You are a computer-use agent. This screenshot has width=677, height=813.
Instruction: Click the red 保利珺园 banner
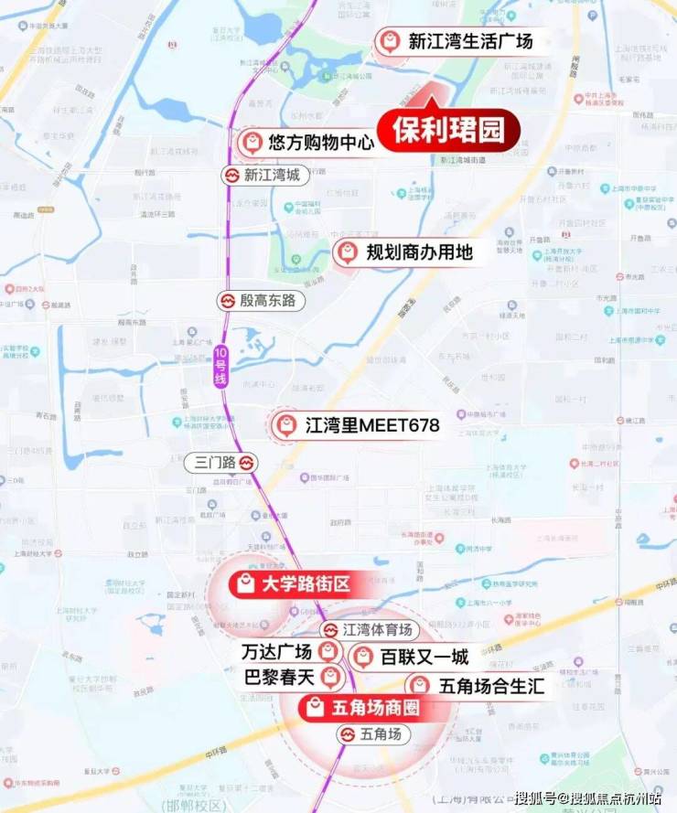point(448,129)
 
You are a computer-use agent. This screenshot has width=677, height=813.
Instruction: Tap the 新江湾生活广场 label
point(469,42)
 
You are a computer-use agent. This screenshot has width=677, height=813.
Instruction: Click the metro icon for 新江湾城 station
point(231,175)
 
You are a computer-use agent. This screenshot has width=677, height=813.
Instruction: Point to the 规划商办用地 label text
point(419,251)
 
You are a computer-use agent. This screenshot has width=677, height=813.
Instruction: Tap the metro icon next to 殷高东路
point(226,300)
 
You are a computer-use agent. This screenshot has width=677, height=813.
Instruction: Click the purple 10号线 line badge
point(220,368)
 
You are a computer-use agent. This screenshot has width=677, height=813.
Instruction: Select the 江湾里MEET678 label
point(372,425)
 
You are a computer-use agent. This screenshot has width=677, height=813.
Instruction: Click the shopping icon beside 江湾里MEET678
point(285,425)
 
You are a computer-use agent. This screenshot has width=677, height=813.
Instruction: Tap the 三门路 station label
point(215,462)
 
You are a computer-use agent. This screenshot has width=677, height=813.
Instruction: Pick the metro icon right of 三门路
point(248,462)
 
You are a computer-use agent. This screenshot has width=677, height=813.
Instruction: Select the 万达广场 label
point(275,652)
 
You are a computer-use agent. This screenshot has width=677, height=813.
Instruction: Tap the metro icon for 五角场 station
point(348,734)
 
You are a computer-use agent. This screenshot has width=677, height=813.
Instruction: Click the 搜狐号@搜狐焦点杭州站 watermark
point(586,797)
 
